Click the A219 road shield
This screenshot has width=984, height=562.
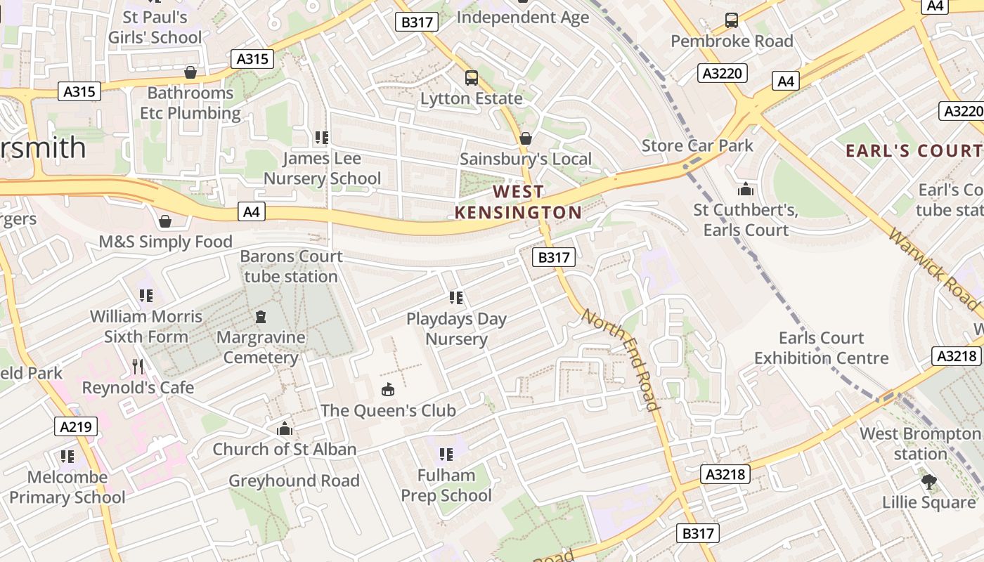pos(76,426)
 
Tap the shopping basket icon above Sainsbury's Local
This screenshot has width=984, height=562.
pos(525,138)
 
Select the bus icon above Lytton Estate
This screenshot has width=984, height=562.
pos(471,77)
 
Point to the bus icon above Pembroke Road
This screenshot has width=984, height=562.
pos(732,20)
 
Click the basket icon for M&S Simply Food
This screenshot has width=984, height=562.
pos(165,221)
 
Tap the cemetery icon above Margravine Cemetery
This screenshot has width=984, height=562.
pos(261,317)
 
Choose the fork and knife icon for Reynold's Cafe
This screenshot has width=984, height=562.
pos(138,366)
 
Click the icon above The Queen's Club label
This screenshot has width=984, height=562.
pos(387,389)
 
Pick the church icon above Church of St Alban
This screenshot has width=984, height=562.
pos(285,429)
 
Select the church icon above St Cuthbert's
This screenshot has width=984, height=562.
pos(745,189)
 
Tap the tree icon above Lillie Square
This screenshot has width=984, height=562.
pos(929,482)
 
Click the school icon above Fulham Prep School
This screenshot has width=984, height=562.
pos(446,455)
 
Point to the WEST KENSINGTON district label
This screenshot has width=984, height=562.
pos(519,202)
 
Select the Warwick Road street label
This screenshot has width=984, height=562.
pos(933,267)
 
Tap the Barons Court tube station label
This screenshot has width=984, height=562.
pos(291,266)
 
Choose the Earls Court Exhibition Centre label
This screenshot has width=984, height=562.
pos(821,348)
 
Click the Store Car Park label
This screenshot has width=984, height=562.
pos(697,145)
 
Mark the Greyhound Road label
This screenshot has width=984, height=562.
pos(294,481)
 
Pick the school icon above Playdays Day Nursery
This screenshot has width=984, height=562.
pos(456,298)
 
